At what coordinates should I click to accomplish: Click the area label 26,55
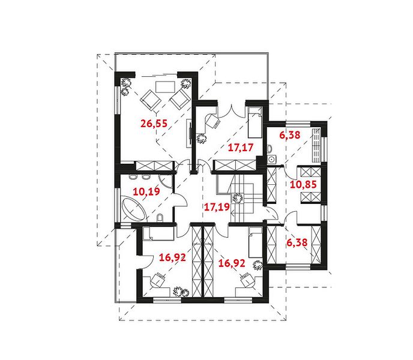154,123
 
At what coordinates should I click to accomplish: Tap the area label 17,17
241,148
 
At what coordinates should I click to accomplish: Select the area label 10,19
146,191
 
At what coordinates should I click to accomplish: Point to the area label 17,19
217,207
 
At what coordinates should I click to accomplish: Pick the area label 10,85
303,184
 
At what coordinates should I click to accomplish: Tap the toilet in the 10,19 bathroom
160,218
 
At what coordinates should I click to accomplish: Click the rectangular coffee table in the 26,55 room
165,87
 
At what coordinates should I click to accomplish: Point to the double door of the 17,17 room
231,112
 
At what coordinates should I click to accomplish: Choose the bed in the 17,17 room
255,122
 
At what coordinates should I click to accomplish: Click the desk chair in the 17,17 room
213,121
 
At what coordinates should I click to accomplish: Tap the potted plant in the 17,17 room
202,139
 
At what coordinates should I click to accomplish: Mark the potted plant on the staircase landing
237,198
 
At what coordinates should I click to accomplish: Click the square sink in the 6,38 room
271,159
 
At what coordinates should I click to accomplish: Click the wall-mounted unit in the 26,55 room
189,133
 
